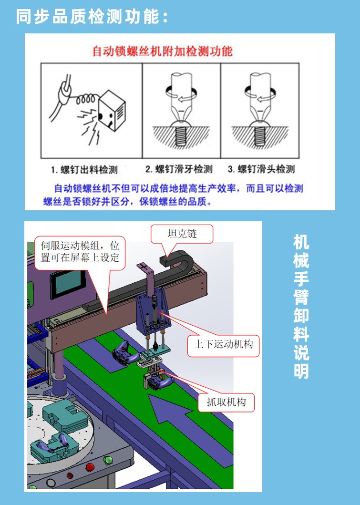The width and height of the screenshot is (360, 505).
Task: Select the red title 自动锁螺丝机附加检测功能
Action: (x=162, y=51)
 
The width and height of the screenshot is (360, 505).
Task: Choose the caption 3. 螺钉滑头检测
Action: (x=261, y=169)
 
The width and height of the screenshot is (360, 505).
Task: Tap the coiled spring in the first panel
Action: (x=88, y=100)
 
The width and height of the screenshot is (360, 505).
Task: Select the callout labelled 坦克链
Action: (x=182, y=234)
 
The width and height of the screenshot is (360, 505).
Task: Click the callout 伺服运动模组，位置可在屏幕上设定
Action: (x=80, y=252)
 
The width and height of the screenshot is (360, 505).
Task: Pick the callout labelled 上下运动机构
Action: (x=223, y=343)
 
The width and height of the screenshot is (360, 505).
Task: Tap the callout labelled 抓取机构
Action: (x=226, y=402)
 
